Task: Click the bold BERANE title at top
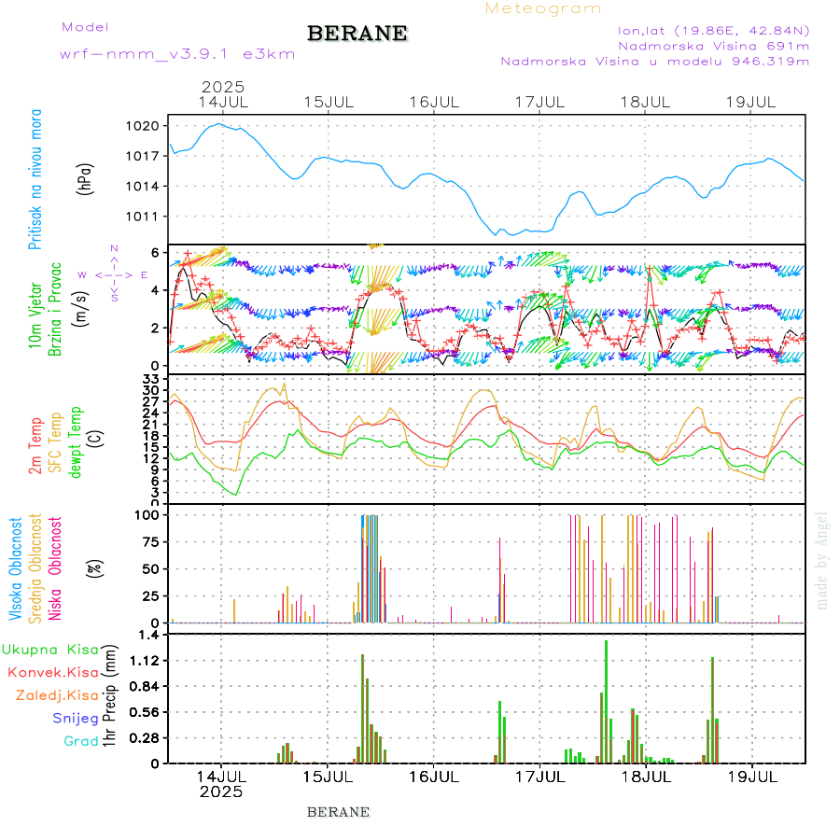click(357, 34)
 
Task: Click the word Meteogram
click(543, 8)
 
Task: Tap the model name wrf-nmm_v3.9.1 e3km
click(177, 54)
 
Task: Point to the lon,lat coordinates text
click(713, 30)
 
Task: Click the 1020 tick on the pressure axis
click(149, 126)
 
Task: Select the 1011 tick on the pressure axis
click(149, 217)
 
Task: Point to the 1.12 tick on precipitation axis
click(146, 661)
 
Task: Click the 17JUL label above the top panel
click(541, 101)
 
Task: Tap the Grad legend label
click(81, 741)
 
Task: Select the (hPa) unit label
click(85, 179)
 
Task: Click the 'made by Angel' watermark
click(822, 560)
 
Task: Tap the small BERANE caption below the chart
click(338, 812)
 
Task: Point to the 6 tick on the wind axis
click(155, 253)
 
